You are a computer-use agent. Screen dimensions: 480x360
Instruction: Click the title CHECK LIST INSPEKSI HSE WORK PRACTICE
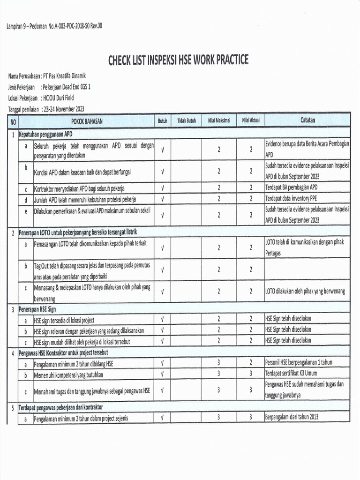coord(178,60)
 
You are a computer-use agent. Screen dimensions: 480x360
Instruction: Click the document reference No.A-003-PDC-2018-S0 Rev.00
coord(75,26)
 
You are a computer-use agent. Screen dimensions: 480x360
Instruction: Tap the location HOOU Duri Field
coord(58,98)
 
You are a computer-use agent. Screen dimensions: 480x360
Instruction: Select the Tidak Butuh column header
coord(186,121)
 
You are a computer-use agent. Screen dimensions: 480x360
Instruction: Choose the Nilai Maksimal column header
coord(218,121)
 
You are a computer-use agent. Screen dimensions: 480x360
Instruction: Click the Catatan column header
coord(307,120)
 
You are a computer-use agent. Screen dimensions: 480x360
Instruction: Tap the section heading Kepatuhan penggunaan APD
coord(45,134)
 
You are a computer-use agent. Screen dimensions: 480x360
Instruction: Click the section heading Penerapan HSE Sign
coord(37,309)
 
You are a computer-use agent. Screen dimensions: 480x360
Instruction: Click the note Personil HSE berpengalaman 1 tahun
coord(299,363)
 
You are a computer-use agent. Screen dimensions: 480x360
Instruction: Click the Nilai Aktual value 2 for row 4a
coord(251,363)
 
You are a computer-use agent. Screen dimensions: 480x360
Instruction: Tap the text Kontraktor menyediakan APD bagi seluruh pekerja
coord(79,188)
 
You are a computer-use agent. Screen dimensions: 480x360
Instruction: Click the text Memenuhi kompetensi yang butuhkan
coord(68,375)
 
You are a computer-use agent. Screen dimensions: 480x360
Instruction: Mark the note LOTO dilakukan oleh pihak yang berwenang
coord(305,291)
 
